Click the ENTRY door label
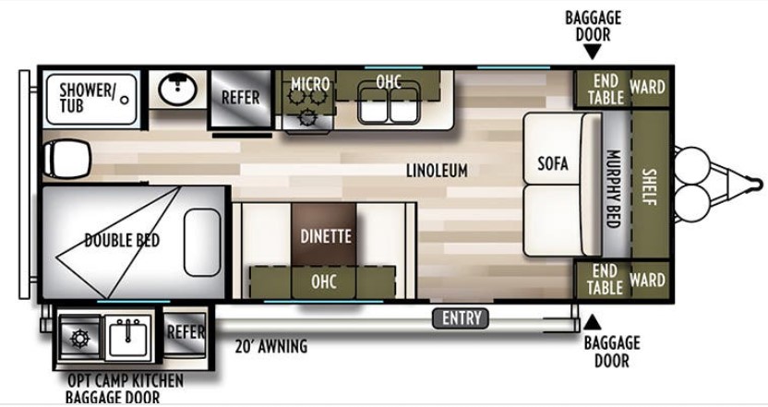click(x=461, y=318)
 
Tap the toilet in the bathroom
click(x=67, y=158)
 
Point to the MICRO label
click(x=310, y=84)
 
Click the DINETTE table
click(x=324, y=235)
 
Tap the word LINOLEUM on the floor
click(x=437, y=171)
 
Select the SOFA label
click(x=553, y=163)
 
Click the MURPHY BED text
click(x=614, y=188)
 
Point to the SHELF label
click(x=650, y=186)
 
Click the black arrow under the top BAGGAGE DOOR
click(x=593, y=52)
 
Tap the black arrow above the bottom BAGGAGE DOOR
click(x=593, y=322)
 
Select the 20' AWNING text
click(x=271, y=346)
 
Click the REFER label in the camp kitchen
click(x=186, y=332)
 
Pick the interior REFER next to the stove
click(x=241, y=97)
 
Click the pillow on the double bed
click(x=202, y=242)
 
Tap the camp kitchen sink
click(x=127, y=337)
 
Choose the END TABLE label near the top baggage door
click(x=606, y=90)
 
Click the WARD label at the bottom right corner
click(x=648, y=280)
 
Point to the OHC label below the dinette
click(x=324, y=281)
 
